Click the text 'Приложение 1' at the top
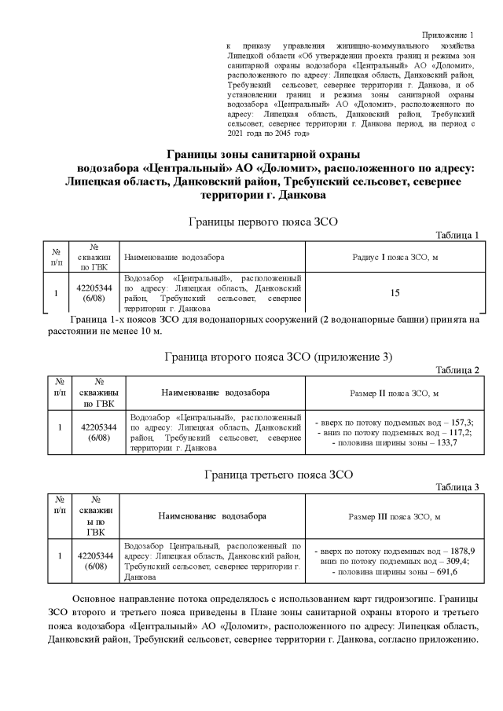(448, 35)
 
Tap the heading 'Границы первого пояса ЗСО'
(263, 222)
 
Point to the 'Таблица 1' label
(457, 235)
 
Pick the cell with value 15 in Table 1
(395, 293)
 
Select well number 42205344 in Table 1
(94, 288)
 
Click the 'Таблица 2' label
(457, 370)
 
